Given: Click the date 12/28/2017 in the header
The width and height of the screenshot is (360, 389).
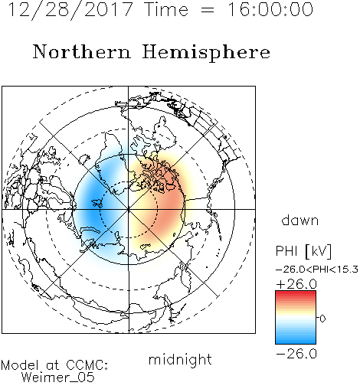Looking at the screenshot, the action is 70,10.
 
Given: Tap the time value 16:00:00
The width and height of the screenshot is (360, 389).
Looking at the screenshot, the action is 270,9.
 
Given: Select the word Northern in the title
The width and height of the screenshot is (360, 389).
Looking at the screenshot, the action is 82,51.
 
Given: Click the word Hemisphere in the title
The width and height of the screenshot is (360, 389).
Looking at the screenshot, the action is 206,52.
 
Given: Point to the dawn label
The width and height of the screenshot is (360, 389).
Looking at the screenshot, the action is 299,220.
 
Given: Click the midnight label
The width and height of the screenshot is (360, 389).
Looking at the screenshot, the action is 180,359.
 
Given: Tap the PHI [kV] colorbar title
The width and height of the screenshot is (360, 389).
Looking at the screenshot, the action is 303,251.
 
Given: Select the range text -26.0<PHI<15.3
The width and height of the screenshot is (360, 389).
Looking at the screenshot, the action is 317,270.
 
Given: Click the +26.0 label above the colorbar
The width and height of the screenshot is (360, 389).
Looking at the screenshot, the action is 296,284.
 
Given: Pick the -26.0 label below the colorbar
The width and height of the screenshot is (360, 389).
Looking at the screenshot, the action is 296,354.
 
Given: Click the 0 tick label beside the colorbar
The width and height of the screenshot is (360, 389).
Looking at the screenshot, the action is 322,319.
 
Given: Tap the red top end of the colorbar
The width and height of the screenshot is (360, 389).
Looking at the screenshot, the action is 296,293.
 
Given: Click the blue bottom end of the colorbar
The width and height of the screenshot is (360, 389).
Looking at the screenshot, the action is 296,342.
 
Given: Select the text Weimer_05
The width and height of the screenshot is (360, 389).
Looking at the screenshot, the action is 58,378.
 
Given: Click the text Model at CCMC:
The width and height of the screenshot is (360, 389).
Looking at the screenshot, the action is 54,365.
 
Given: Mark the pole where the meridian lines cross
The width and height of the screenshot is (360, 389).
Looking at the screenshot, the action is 129,209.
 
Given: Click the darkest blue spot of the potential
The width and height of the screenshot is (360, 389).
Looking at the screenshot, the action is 93,209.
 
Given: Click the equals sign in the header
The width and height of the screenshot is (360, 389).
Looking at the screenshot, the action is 207,10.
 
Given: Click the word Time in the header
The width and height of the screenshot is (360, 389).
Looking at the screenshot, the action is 166,9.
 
